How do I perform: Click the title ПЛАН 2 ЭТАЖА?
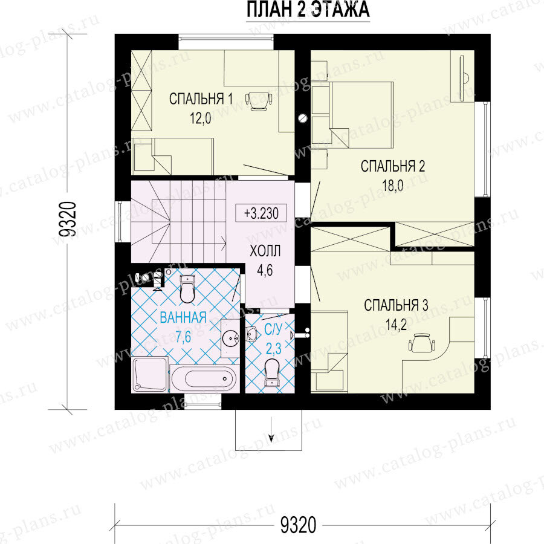point(308,9)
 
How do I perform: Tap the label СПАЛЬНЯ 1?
point(201,99)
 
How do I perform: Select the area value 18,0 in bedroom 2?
point(393,186)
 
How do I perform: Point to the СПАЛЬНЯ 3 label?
point(396,305)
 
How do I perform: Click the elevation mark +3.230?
point(261,213)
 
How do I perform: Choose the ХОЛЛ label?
point(265,251)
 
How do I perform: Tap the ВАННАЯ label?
point(183,317)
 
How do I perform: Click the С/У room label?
point(273,329)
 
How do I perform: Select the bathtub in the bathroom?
point(205,378)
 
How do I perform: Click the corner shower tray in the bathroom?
point(150,375)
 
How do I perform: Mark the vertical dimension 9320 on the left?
point(67,219)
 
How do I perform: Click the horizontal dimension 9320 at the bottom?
point(298,524)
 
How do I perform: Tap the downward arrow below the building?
point(271,429)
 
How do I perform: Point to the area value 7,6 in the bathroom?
point(183,337)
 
